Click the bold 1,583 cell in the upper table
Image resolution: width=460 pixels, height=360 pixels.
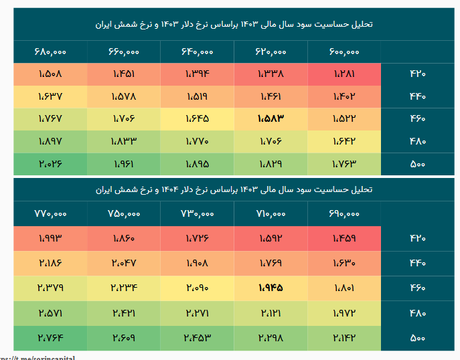click(271, 118)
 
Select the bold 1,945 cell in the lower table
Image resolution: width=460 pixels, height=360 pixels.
click(271, 288)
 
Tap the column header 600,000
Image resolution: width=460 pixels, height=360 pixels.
click(344, 51)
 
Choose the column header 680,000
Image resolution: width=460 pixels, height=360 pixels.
click(50, 51)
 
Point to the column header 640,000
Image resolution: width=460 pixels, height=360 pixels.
click(197, 51)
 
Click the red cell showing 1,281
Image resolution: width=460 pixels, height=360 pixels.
click(344, 74)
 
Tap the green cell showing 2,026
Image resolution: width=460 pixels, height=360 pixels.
click(50, 164)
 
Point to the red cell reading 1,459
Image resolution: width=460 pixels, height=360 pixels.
click(344, 238)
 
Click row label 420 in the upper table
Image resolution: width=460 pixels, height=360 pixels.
click(417, 74)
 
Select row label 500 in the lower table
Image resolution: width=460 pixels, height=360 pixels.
click(417, 339)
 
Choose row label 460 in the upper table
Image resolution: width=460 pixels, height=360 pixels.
click(417, 118)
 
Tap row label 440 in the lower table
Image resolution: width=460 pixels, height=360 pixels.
click(417, 263)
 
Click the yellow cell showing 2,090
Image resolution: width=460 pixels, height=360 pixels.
click(197, 288)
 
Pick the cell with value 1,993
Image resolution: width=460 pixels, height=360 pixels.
click(50, 238)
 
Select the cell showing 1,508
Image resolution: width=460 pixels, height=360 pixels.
click(50, 74)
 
